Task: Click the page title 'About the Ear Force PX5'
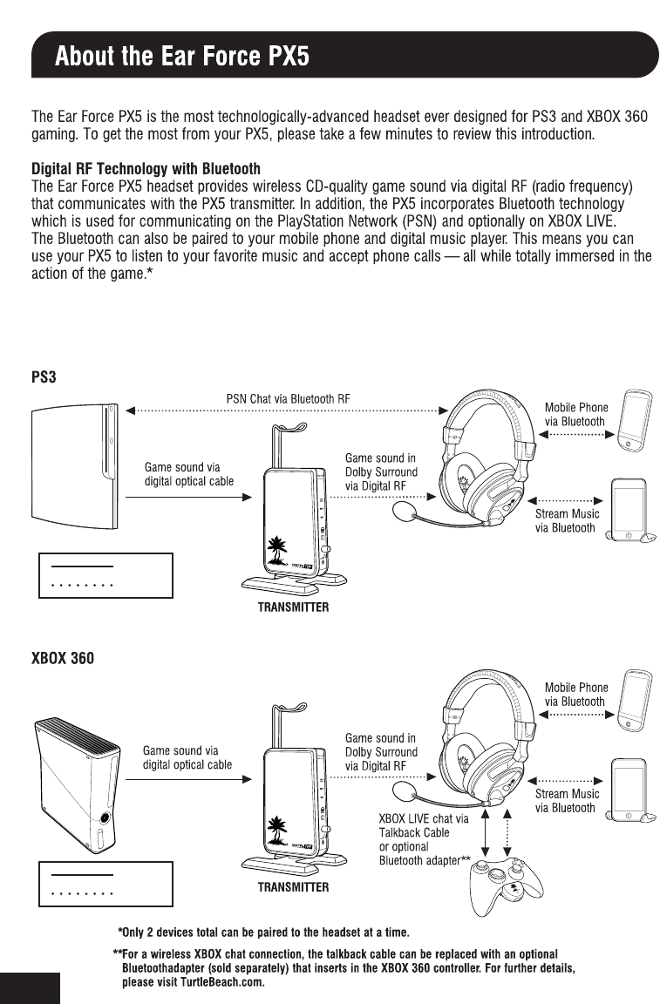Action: tap(182, 58)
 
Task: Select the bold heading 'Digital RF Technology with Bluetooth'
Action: tap(146, 167)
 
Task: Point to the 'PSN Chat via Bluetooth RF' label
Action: tap(288, 399)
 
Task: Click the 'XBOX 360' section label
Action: tap(63, 658)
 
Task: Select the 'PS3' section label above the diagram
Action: tap(44, 377)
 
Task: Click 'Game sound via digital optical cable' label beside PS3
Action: tap(188, 475)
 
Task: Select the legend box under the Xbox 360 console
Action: tap(106, 884)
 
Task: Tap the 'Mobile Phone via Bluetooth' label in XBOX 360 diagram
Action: tap(576, 695)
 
